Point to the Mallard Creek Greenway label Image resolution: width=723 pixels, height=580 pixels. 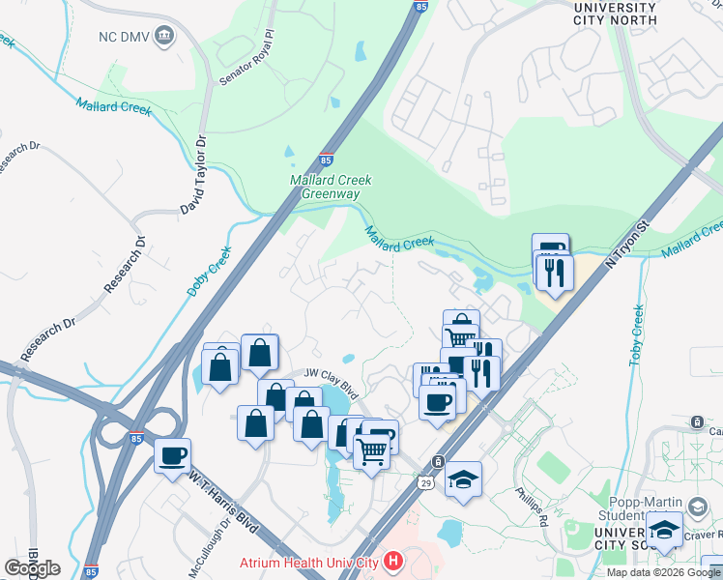[332, 187]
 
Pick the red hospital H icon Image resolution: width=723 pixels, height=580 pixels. [392, 560]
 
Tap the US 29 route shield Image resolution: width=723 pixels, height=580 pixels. [425, 481]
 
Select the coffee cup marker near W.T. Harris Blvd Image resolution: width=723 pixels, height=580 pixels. [173, 456]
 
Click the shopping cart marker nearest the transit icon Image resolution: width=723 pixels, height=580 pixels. [372, 449]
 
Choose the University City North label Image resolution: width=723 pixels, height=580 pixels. [615, 14]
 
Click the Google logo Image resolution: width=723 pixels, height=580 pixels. [32, 568]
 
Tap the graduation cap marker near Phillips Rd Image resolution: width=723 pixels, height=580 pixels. [464, 479]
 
